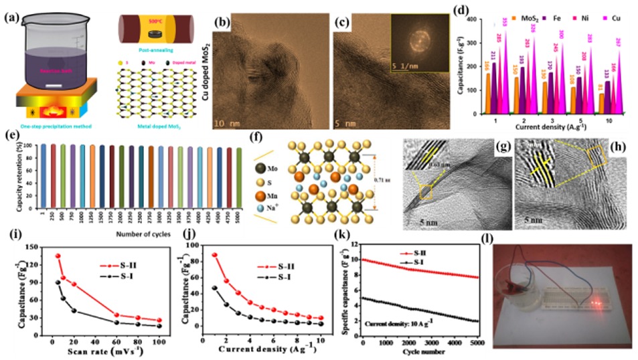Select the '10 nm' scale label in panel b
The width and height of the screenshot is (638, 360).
(232, 122)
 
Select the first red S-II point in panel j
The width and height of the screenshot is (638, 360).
(214, 255)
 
